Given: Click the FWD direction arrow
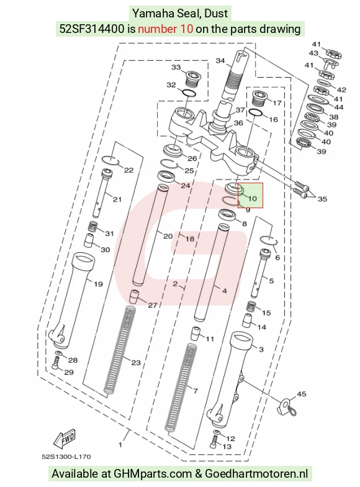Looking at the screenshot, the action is coord(65,439).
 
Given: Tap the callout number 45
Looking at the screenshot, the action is coord(302,394).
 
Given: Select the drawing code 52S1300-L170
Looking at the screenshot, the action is coord(66,457).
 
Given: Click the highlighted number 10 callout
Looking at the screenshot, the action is coord(253,198).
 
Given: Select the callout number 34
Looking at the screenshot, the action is coord(220,61).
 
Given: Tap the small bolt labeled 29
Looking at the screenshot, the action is coord(56,363).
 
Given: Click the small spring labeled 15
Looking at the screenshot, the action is coord(251,306).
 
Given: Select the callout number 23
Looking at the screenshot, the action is coord(136,363).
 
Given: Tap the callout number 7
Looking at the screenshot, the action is coord(195,391).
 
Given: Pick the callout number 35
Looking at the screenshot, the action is coord(323,199).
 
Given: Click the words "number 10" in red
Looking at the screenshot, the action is coord(165,29).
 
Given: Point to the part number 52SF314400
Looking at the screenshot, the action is coord(92,29).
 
